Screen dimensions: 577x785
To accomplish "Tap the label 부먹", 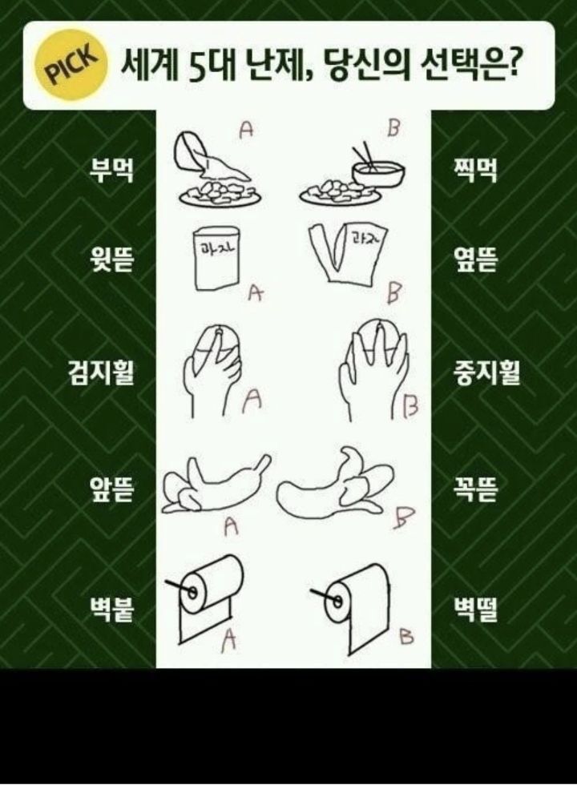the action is coord(111,169).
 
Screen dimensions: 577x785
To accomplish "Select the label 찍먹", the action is coord(475,169).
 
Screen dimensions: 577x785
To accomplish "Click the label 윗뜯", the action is coord(111,259).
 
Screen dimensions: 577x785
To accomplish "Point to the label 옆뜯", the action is coord(475,259).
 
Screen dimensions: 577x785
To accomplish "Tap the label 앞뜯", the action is coord(111,489).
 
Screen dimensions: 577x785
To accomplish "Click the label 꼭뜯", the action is coord(475,489).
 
